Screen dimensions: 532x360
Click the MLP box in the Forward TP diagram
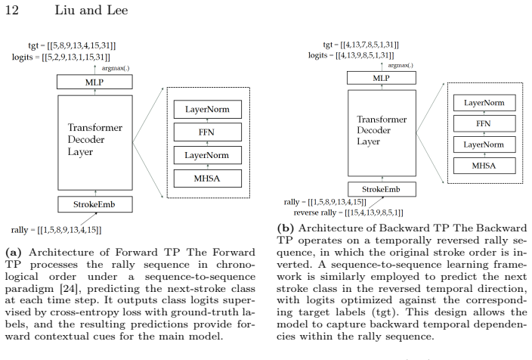click(94, 82)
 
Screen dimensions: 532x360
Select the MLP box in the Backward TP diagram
click(382, 78)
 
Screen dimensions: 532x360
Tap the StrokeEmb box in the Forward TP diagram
click(95, 204)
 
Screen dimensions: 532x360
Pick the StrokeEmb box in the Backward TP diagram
click(382, 189)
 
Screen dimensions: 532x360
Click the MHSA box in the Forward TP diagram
click(208, 178)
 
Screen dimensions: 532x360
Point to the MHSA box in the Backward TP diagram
click(484, 166)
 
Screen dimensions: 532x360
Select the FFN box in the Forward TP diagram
click(208, 132)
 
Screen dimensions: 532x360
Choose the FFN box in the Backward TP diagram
click(484, 123)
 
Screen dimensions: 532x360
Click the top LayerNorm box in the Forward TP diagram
click(208, 110)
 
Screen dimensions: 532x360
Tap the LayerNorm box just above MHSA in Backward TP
click(484, 144)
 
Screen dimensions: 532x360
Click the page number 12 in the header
click(12, 10)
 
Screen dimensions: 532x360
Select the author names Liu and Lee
click(91, 10)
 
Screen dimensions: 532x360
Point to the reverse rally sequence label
click(348, 213)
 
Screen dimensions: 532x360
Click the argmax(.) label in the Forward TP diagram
click(116, 68)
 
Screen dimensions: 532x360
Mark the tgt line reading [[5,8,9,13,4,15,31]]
click(72, 45)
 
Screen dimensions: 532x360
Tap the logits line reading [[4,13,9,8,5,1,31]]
click(351, 55)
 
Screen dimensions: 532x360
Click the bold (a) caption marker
click(14, 253)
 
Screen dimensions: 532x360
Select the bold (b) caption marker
click(286, 228)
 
